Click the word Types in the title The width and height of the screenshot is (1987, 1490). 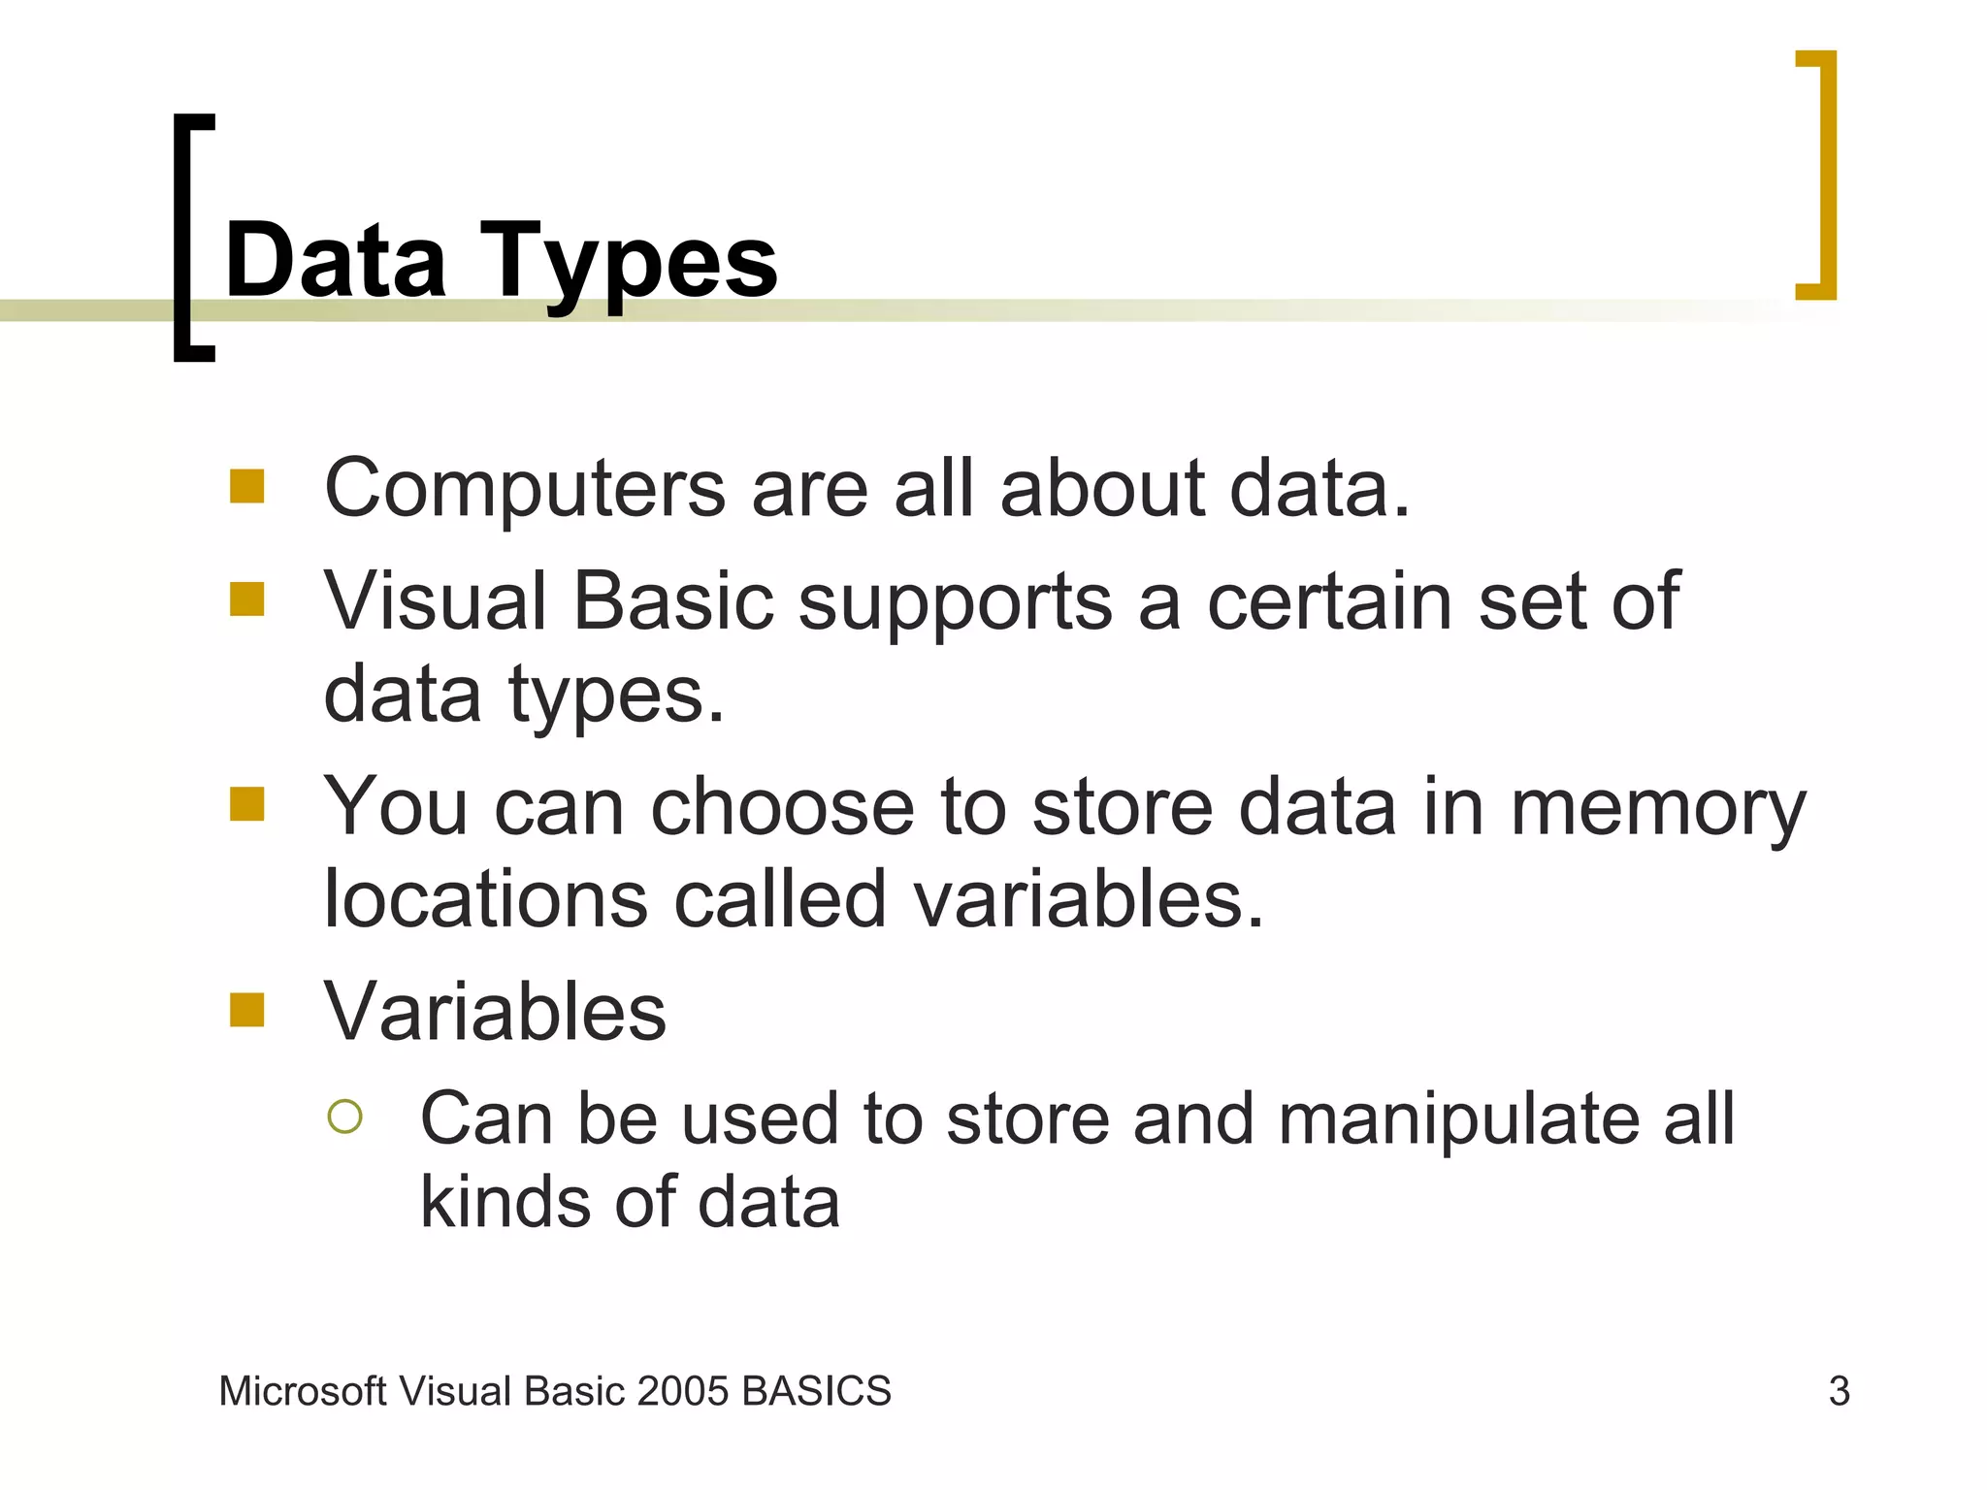point(628,262)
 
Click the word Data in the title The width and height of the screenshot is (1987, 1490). point(336,260)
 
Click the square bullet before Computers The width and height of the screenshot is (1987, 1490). point(247,486)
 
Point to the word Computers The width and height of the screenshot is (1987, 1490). point(525,490)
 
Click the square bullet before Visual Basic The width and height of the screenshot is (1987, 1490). point(247,599)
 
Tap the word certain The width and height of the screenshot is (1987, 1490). point(1330,601)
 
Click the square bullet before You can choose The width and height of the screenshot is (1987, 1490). point(247,804)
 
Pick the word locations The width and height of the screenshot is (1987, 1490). point(485,899)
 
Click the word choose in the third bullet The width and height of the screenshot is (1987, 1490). point(782,807)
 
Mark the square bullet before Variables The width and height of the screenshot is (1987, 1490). point(247,1010)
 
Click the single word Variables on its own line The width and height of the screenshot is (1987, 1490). point(495,1012)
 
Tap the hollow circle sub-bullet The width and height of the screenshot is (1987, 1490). point(345,1117)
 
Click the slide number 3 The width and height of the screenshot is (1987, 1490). point(1839,1391)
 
